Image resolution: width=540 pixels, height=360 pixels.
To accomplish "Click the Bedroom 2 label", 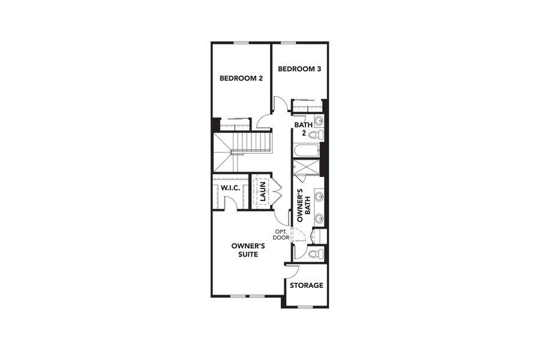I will tap(241, 78).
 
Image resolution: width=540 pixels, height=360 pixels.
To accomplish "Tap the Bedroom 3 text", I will tap(299, 69).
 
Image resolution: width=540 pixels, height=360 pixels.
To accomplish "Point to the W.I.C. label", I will tap(230, 188).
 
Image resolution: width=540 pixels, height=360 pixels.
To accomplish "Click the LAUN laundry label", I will tap(262, 191).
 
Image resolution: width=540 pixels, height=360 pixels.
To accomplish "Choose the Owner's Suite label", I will tap(248, 250).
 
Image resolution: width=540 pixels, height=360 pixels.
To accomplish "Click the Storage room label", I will tap(307, 286).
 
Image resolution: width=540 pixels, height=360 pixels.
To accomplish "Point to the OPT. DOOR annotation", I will tap(281, 235).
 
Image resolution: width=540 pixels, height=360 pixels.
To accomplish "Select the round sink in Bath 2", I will tap(319, 121).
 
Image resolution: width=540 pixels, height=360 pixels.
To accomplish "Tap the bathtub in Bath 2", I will tap(307, 150).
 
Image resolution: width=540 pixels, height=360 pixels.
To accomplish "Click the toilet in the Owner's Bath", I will tap(314, 254).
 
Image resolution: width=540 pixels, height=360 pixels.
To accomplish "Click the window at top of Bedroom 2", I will tap(241, 43).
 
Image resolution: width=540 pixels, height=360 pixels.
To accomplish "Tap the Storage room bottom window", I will tap(305, 307).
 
